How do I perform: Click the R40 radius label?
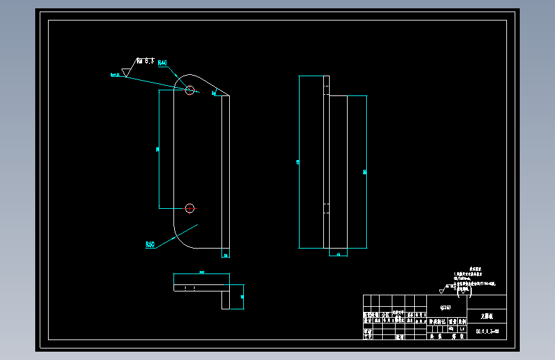click(x=162, y=63)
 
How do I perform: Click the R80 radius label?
click(x=150, y=244)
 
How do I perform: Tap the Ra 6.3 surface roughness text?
click(x=146, y=61)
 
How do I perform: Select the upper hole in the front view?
click(x=189, y=90)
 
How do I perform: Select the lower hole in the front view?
click(x=189, y=208)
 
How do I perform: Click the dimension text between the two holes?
click(x=157, y=149)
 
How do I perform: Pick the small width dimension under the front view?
click(x=225, y=255)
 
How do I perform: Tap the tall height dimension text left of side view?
click(x=298, y=162)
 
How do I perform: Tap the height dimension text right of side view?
click(x=364, y=172)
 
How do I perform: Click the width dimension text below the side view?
click(x=337, y=254)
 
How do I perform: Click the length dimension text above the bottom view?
click(x=202, y=272)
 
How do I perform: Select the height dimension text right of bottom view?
click(x=242, y=297)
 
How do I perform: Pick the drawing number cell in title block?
click(x=487, y=331)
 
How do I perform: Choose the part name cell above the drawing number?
click(x=487, y=316)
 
